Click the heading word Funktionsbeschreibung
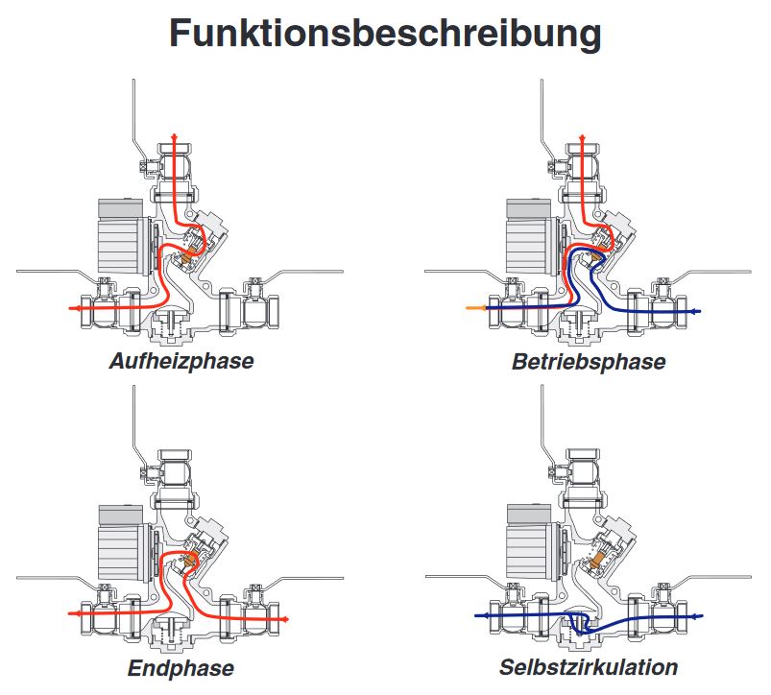point(385,34)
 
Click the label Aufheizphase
point(181,363)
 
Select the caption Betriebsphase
point(589,363)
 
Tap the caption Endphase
point(181,667)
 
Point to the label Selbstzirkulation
point(589,667)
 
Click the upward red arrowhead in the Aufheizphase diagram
point(174,138)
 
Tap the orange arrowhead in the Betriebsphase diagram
point(469,308)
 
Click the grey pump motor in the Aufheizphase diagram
point(120,234)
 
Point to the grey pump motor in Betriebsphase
point(529,234)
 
